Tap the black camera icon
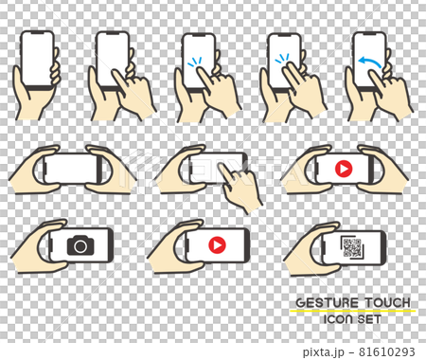[80, 245]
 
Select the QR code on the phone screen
[352, 247]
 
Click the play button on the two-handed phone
[344, 169]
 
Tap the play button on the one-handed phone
[217, 244]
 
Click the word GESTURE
[328, 303]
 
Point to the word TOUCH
[388, 302]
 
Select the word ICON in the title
[338, 319]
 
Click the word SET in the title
[369, 319]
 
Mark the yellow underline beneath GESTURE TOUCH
[353, 311]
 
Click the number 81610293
[387, 351]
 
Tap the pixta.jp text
[324, 351]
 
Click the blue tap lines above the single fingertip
[194, 62]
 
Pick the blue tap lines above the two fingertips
[282, 59]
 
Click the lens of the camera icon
[80, 246]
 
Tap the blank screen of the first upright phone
[37, 58]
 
